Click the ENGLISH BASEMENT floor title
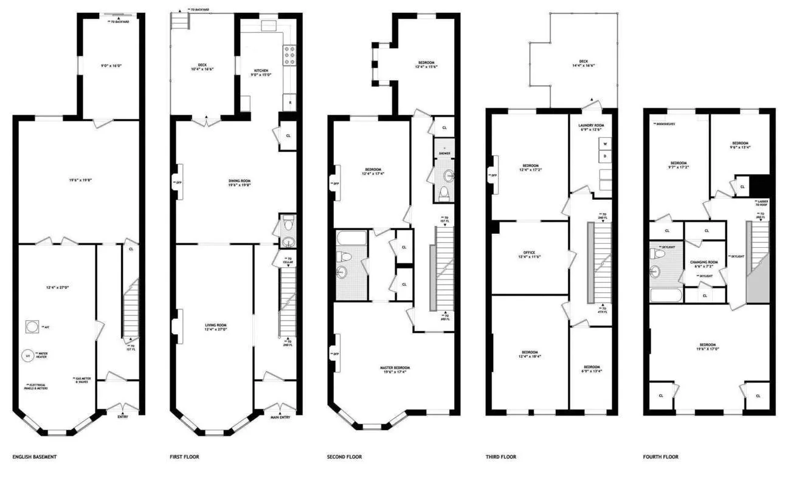click(34, 457)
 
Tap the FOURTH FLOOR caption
click(661, 457)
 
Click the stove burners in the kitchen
click(289, 55)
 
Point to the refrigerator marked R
click(290, 103)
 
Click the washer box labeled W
click(604, 145)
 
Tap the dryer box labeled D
click(604, 157)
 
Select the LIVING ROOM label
click(215, 327)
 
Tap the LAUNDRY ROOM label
click(590, 126)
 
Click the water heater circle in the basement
click(27, 355)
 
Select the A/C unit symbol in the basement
click(32, 327)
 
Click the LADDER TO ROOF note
click(760, 203)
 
